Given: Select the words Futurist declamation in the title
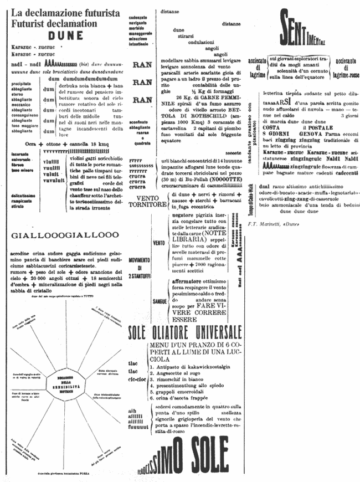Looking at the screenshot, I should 50,24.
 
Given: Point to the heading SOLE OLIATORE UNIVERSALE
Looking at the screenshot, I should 185,332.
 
